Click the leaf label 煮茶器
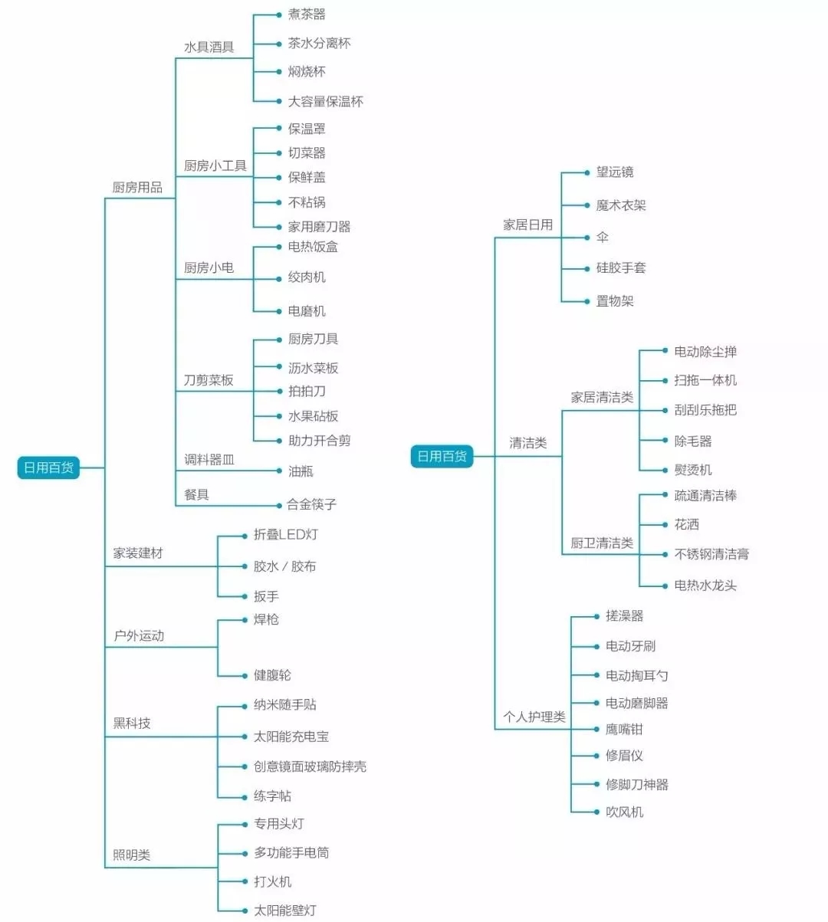307,14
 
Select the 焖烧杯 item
307,71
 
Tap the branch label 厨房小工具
215,166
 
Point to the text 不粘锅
307,202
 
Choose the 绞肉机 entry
307,277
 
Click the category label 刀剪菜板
209,380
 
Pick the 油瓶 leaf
301,471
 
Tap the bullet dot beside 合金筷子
279,506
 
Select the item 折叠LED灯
285,534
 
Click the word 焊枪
266,619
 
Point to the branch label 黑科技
132,723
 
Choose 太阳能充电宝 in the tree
291,737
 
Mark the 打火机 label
272,881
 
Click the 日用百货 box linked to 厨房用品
49,468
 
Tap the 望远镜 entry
615,172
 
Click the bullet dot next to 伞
587,238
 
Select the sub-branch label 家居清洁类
602,397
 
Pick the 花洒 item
686,524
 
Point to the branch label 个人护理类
534,717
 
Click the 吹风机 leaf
624,812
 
